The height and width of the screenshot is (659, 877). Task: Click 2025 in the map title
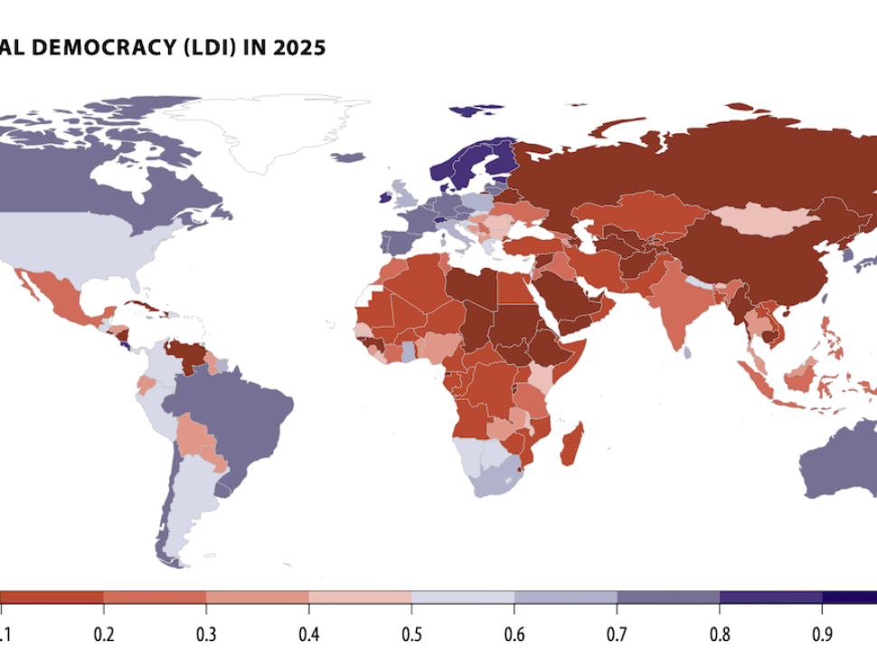(303, 48)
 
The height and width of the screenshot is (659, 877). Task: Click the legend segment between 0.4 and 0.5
(361, 597)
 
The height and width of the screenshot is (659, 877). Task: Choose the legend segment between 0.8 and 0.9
(770, 597)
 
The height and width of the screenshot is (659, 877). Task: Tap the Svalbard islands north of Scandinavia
(475, 111)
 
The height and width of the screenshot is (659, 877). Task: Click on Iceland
(347, 158)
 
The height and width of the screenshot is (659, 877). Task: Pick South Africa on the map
(493, 480)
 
